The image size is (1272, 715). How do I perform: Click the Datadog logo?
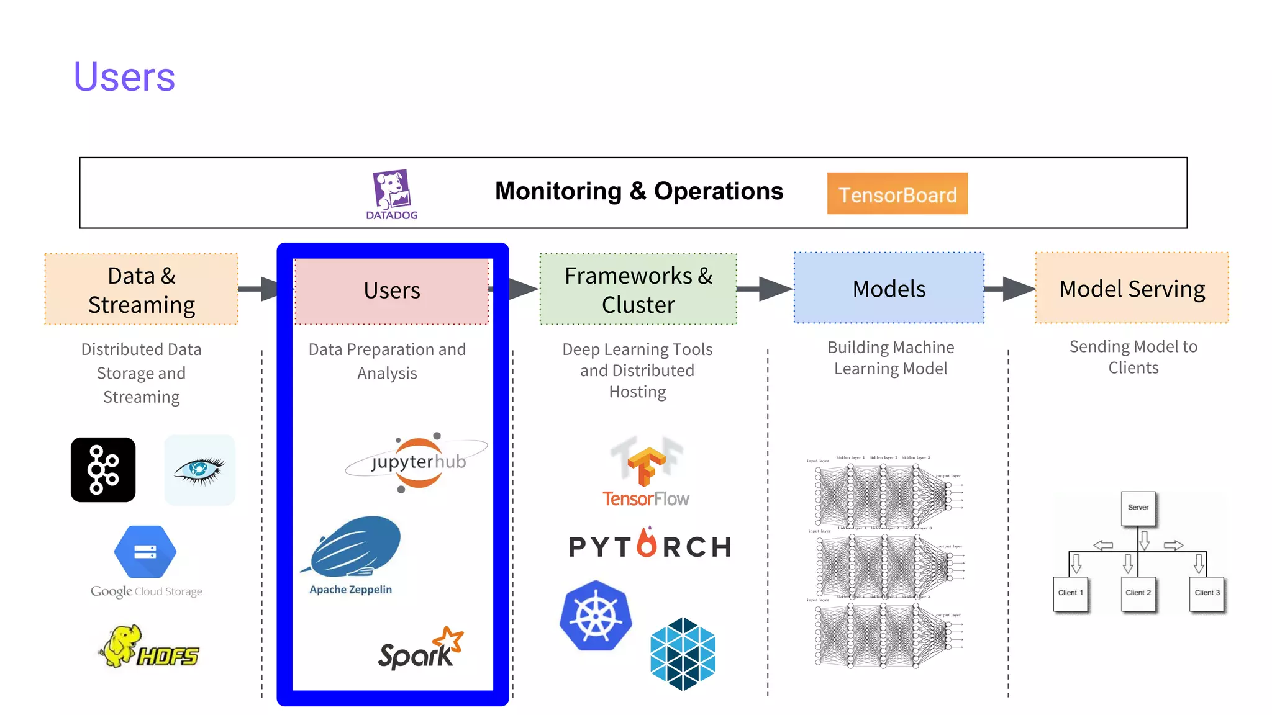[x=392, y=194]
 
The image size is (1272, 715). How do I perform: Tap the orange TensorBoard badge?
[x=897, y=194]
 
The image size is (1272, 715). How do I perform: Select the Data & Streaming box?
[x=141, y=289]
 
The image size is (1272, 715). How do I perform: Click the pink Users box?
[x=392, y=290]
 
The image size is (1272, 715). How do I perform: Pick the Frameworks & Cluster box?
[x=638, y=289]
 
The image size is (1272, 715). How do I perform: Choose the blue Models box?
[x=889, y=288]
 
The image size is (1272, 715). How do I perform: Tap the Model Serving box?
[x=1132, y=288]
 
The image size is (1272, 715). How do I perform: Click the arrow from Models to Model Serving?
[x=1011, y=289]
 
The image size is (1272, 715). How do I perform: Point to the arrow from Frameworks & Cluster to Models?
[x=766, y=289]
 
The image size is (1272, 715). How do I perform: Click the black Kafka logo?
[x=103, y=470]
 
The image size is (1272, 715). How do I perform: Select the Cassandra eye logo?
[x=199, y=470]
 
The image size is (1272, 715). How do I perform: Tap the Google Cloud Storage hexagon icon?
[x=145, y=552]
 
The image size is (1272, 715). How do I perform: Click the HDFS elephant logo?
[x=149, y=648]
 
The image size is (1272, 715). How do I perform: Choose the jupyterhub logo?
[x=418, y=462]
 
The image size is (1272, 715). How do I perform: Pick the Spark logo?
[x=420, y=650]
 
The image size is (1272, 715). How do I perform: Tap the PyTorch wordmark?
[x=650, y=546]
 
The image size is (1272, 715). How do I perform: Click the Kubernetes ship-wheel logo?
[x=596, y=616]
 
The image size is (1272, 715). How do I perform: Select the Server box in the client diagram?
[x=1138, y=508]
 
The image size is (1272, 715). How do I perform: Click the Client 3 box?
[x=1207, y=593]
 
